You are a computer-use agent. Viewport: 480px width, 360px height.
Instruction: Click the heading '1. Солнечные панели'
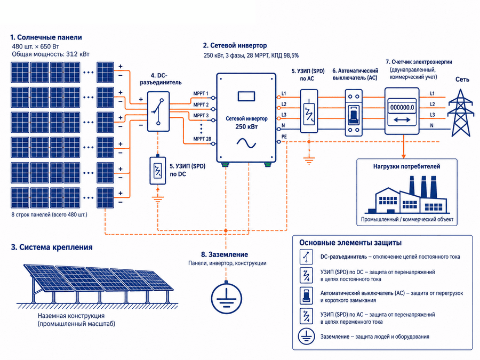click(x=46, y=37)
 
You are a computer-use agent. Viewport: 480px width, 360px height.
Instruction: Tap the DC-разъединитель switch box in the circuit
click(x=158, y=111)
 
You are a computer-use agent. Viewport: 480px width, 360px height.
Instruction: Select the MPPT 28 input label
click(x=202, y=139)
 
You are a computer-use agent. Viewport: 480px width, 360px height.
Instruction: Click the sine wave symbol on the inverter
click(x=246, y=143)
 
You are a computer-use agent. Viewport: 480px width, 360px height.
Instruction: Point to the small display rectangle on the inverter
click(x=246, y=96)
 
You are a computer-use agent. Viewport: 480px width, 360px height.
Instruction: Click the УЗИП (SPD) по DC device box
click(x=158, y=171)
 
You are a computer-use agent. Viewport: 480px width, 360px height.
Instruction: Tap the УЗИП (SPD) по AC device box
click(x=309, y=111)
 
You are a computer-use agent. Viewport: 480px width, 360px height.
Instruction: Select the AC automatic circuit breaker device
click(x=354, y=113)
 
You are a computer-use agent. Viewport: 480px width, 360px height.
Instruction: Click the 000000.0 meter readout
click(x=402, y=107)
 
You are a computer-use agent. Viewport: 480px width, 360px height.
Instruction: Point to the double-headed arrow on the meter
click(x=402, y=120)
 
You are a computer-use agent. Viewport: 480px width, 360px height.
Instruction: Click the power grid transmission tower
click(x=460, y=113)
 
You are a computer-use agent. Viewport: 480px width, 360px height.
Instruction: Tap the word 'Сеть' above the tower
click(x=462, y=79)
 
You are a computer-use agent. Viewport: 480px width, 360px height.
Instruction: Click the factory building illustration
click(x=407, y=195)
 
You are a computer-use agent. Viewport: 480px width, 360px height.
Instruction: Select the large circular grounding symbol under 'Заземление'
click(x=227, y=298)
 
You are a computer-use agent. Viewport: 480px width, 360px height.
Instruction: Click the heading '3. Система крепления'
click(x=51, y=247)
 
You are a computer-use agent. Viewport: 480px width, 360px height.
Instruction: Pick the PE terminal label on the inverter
click(x=284, y=137)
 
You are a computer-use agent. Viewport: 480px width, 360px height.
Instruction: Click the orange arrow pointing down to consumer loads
click(x=404, y=146)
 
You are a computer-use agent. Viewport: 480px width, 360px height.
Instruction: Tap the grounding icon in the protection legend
click(x=306, y=336)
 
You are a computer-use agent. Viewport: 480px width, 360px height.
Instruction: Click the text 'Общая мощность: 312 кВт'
click(x=51, y=54)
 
